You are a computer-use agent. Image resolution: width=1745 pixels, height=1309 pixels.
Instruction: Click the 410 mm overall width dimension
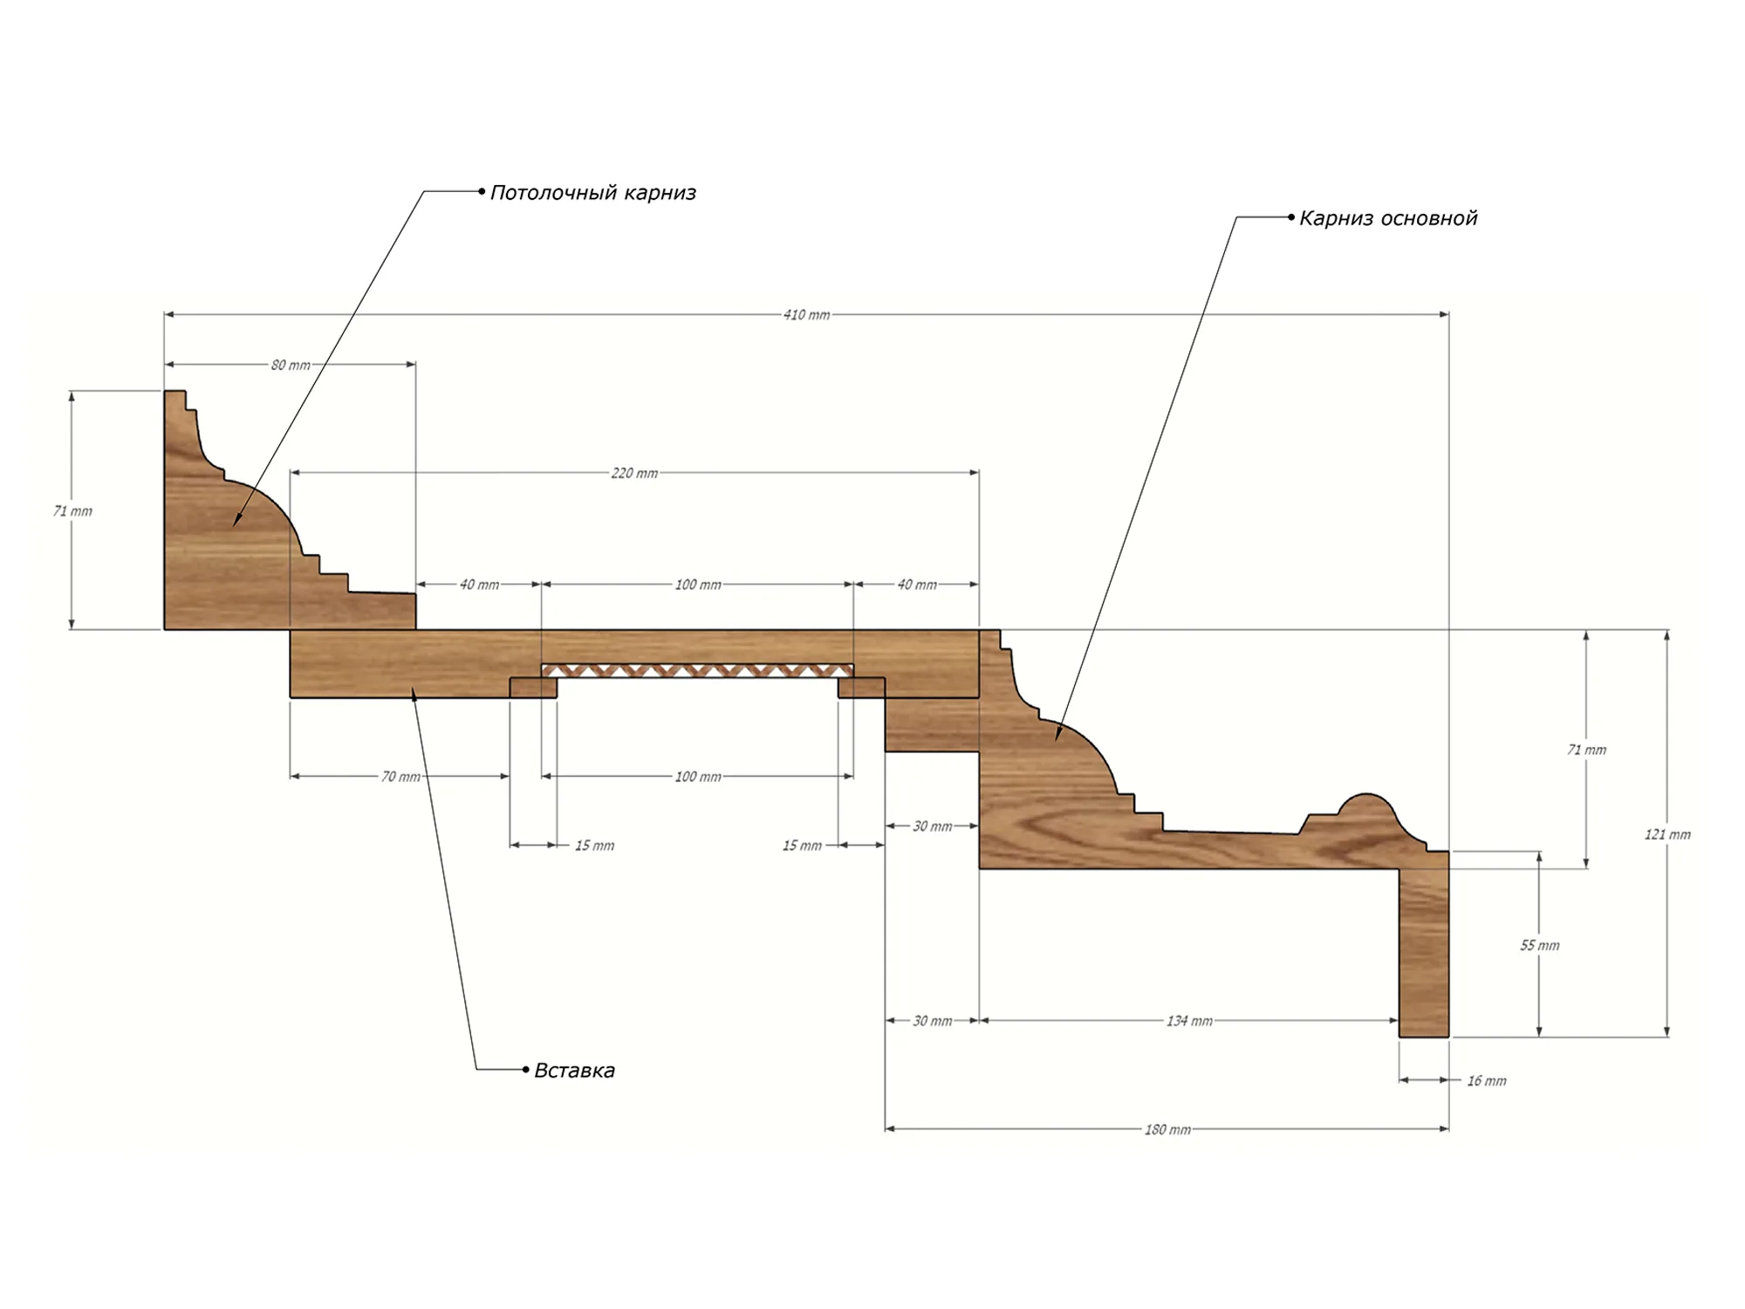point(806,315)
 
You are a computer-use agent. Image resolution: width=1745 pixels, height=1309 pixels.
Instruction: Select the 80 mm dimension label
point(291,365)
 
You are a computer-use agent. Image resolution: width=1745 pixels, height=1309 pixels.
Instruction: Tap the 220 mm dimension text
point(634,473)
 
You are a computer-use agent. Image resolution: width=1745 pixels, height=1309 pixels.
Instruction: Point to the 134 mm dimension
point(1189,1021)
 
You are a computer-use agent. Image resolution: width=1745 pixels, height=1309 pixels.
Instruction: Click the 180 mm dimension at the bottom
point(1167,1130)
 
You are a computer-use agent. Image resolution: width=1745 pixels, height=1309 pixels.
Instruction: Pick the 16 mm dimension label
point(1487,1081)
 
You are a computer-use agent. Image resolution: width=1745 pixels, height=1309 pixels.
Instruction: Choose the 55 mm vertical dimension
point(1540,945)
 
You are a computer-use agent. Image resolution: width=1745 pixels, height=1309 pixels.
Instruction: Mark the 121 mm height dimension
point(1667,835)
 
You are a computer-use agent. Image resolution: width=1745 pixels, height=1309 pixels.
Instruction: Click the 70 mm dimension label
point(400,777)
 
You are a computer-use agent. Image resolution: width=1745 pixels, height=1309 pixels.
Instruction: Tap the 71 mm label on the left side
point(72,511)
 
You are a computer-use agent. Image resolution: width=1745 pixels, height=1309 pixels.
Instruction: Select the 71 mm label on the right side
point(1586,750)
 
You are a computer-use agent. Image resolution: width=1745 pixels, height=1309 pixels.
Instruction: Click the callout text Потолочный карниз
point(593,193)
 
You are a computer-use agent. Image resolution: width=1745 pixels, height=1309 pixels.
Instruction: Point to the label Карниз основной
point(1388,218)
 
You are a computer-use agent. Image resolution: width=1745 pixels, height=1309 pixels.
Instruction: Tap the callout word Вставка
point(574,1071)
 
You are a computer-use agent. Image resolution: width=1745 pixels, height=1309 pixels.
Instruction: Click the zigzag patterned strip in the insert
point(697,671)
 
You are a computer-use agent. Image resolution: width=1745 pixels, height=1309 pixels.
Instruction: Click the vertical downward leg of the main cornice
point(1424,952)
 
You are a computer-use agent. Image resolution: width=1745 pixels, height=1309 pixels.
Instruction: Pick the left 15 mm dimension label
point(594,846)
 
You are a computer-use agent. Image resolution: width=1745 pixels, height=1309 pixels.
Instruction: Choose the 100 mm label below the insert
point(698,777)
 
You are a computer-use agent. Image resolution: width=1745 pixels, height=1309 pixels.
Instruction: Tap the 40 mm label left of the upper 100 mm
point(479,585)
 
